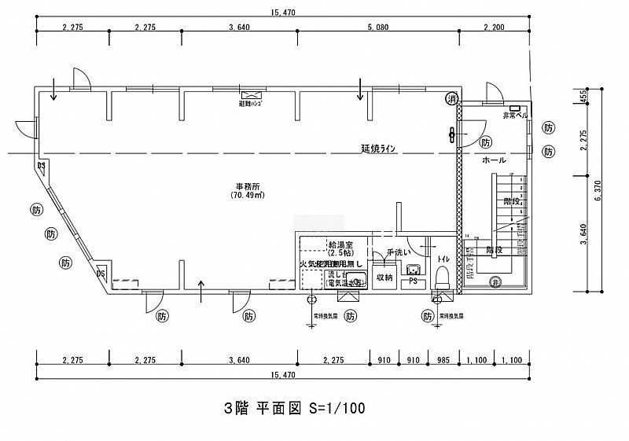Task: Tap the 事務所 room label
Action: tap(247, 186)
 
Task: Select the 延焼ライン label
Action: tap(383, 149)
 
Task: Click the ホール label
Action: tap(494, 160)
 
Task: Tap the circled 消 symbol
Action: tap(451, 99)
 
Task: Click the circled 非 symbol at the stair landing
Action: tap(496, 283)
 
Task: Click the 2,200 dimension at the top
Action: tap(495, 28)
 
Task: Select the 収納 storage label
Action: tap(384, 277)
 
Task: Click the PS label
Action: tap(412, 282)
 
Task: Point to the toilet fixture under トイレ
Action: tap(443, 277)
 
